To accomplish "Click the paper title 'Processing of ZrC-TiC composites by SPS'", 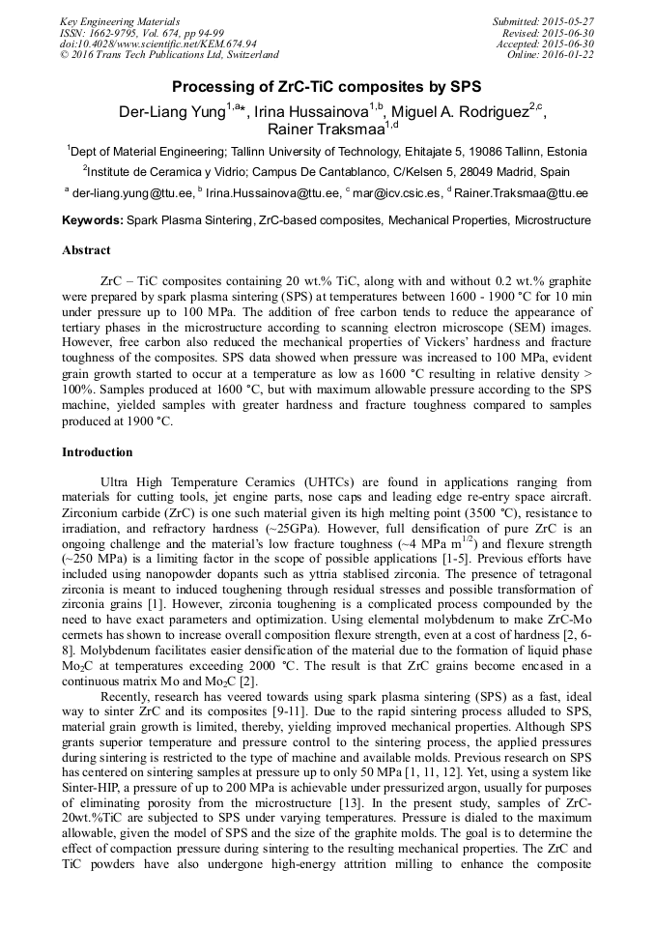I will point(327,86).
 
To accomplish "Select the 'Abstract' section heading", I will point(86,249).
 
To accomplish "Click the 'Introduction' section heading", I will point(97,451).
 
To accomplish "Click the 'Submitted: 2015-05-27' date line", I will point(545,21).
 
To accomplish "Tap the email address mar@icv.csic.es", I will point(394,192).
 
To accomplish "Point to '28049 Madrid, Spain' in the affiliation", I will point(514,172).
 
